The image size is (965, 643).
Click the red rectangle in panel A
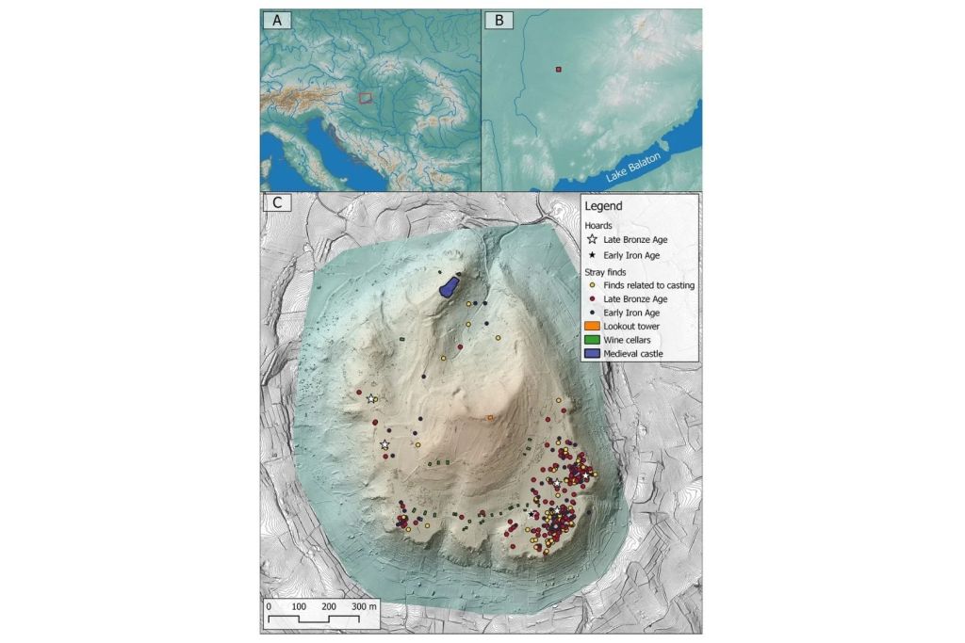tap(366, 97)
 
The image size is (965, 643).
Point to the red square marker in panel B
tap(558, 70)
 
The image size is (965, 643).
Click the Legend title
tap(602, 206)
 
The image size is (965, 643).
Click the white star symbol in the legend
tap(592, 240)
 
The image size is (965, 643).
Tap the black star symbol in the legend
tap(592, 255)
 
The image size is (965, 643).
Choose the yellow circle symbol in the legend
tap(592, 285)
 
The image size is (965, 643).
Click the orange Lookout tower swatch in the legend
tap(592, 326)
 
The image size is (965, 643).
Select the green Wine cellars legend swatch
tap(592, 339)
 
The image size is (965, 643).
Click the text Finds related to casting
tap(649, 285)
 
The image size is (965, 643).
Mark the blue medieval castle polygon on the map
tap(450, 285)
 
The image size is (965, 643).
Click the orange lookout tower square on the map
tap(490, 417)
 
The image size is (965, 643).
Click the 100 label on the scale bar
tap(299, 606)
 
